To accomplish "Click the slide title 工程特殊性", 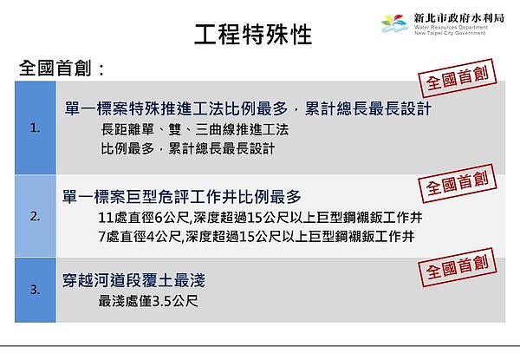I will pyautogui.click(x=252, y=36).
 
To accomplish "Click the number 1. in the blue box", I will pyautogui.click(x=35, y=128).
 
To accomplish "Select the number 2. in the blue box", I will pyautogui.click(x=35, y=216).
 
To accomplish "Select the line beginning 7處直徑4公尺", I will pyautogui.click(x=256, y=236).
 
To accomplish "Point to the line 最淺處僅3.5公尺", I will pyautogui.click(x=149, y=302).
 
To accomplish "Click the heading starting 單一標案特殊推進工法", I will pyautogui.click(x=248, y=110).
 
